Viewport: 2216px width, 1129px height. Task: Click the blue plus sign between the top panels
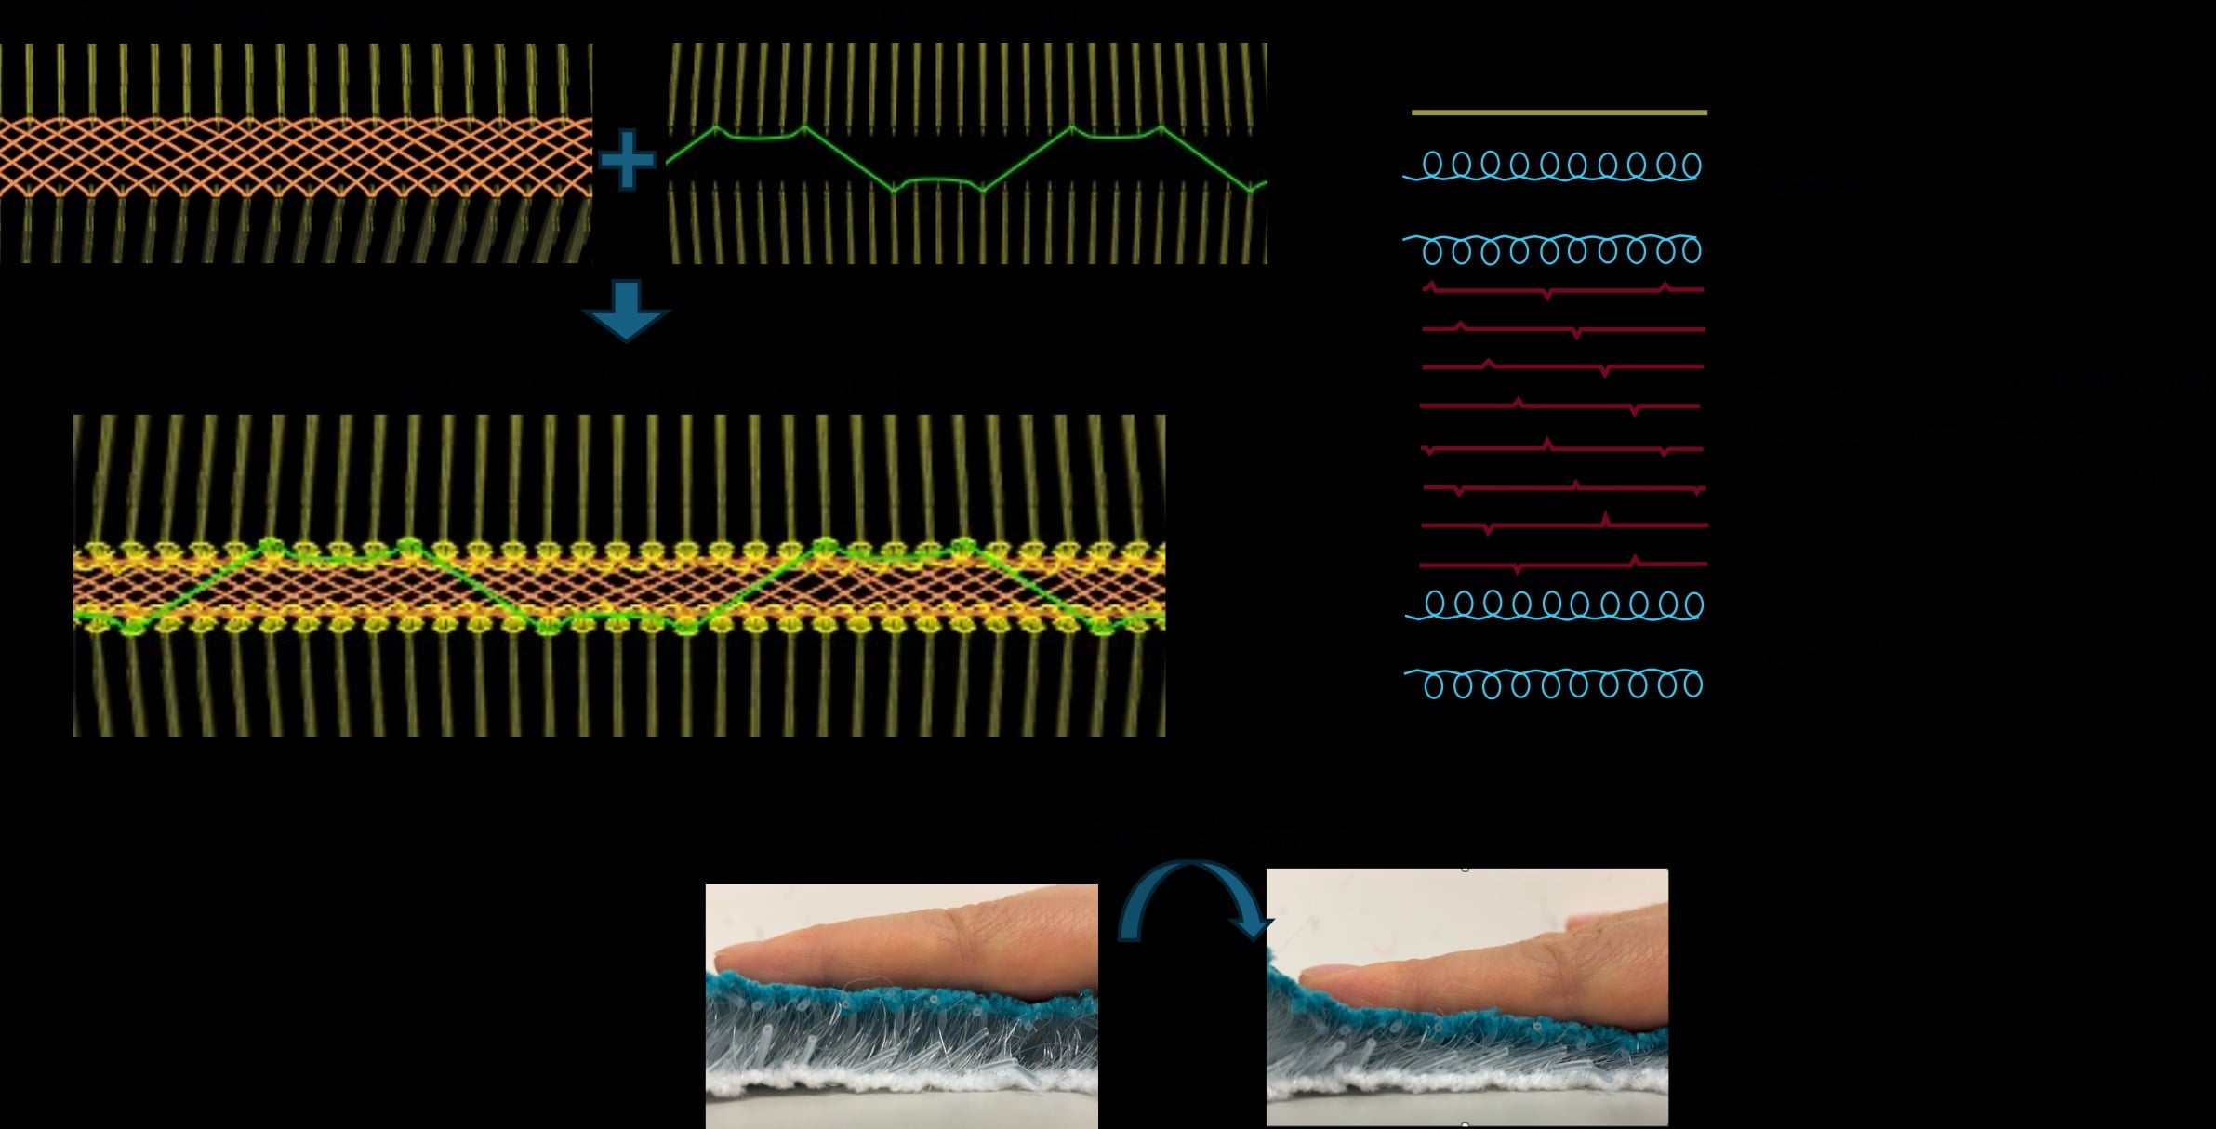click(x=628, y=160)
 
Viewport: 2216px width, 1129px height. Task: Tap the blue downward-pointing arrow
click(x=626, y=311)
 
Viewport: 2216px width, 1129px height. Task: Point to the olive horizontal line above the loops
click(x=1559, y=113)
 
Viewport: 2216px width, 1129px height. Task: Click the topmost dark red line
click(x=1562, y=290)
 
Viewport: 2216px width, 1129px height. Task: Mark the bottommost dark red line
click(x=1562, y=564)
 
